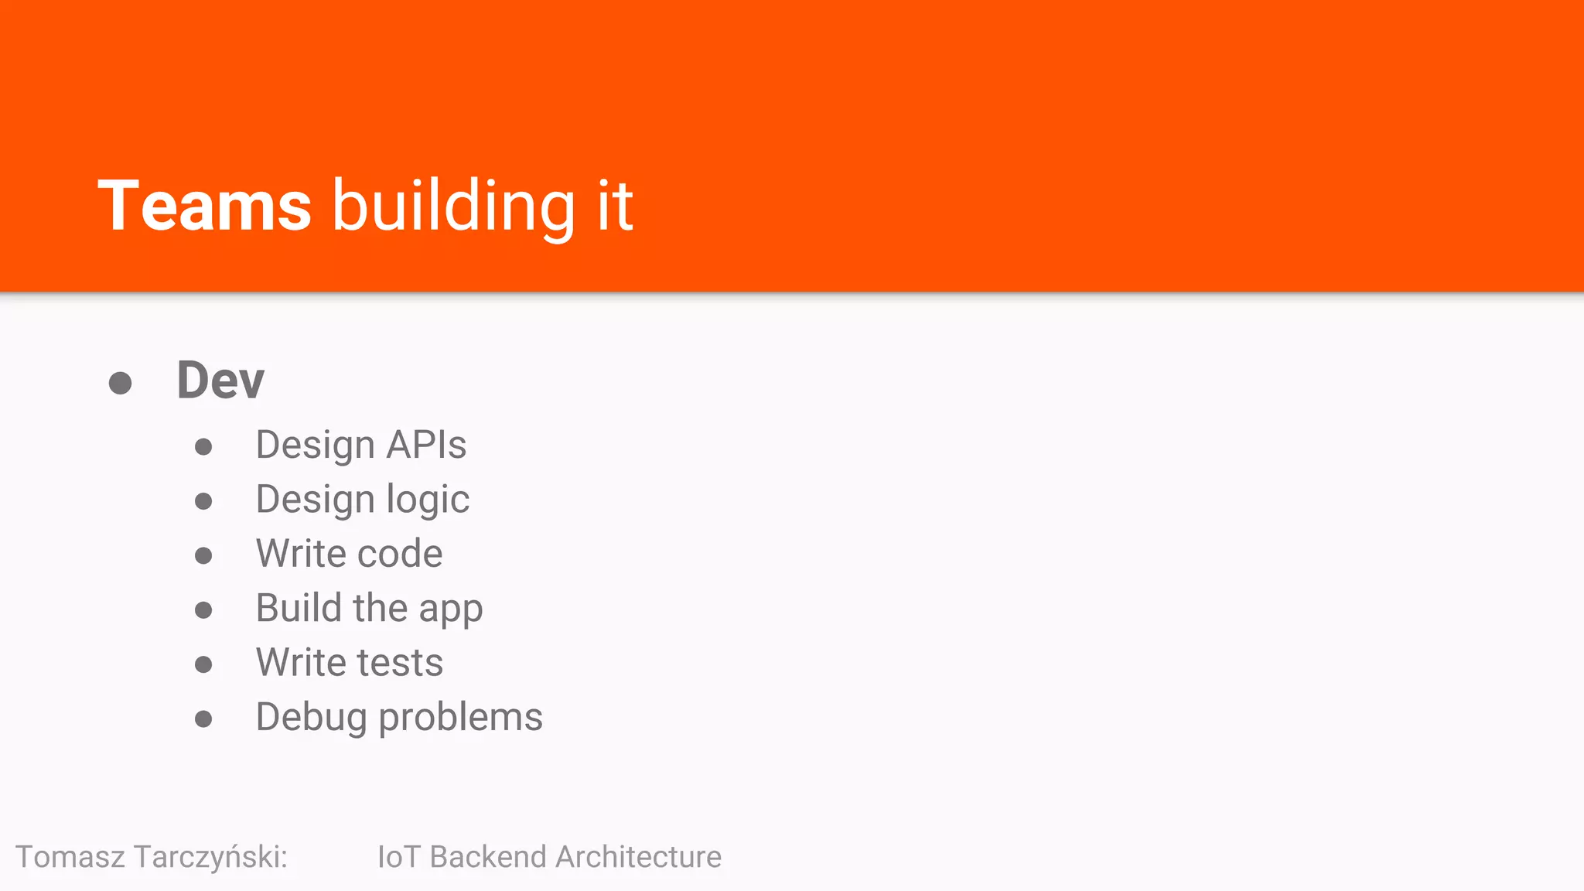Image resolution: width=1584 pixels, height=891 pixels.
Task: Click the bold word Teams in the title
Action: [204, 206]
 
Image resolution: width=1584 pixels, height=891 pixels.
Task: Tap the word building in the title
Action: [454, 207]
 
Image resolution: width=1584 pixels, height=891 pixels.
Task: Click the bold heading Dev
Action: [220, 381]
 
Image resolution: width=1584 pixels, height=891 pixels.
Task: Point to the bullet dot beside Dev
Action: [120, 383]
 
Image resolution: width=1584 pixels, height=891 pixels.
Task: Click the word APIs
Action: [426, 445]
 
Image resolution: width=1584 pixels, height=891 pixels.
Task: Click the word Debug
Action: [311, 718]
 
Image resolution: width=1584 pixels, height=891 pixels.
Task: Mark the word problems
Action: [460, 718]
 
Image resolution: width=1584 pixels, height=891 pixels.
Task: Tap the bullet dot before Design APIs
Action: [203, 447]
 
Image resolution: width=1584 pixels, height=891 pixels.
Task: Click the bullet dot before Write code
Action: [203, 555]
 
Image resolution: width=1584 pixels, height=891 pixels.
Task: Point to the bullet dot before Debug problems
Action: [203, 719]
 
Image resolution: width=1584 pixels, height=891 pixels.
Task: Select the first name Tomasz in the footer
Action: [70, 857]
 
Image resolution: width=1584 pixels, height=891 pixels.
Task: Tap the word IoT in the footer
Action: [398, 857]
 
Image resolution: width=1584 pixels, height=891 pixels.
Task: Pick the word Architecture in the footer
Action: [638, 857]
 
